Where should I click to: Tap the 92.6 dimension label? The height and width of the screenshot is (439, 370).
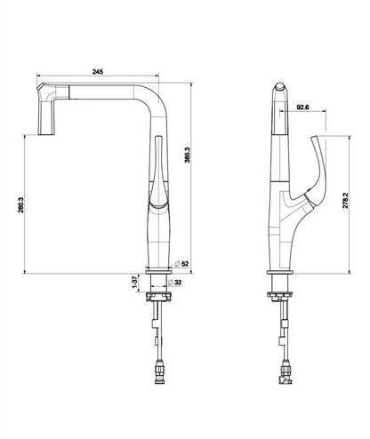click(302, 107)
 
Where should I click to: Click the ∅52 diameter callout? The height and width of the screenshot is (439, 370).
click(182, 263)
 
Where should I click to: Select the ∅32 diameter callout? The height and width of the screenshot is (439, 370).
click(180, 283)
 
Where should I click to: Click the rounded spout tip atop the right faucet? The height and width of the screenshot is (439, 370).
click(279, 92)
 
